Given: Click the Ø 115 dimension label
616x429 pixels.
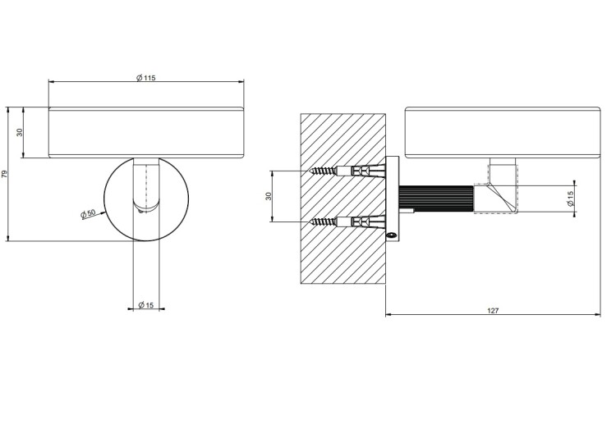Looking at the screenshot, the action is [145, 78].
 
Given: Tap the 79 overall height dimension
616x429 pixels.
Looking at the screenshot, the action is [5, 173].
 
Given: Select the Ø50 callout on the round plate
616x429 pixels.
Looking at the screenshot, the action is [88, 214].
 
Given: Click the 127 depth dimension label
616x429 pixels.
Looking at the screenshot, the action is [493, 311].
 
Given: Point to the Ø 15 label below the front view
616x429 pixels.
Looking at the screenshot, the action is [146, 305].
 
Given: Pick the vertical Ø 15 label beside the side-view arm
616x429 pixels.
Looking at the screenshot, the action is [571, 199].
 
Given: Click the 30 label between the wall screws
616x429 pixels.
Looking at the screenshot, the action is [269, 196].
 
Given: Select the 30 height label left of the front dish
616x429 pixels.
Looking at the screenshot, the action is [20, 133].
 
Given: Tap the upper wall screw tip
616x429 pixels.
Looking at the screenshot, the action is [310, 171].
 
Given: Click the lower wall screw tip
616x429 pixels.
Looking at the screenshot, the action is [310, 222].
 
